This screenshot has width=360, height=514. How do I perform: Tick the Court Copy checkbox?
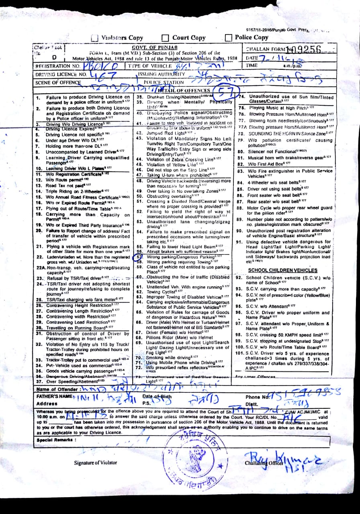point(165,38)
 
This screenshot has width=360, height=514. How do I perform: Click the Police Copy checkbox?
point(228,38)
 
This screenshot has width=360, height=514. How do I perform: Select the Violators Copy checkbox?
point(95,38)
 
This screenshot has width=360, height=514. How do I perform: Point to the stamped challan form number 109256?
point(304,49)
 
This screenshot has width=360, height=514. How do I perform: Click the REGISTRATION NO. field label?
point(57,66)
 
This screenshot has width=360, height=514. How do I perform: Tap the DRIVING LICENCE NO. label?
point(61,75)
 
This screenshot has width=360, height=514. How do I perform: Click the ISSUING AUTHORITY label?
point(161,74)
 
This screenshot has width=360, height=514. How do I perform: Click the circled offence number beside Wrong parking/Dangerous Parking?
point(139,256)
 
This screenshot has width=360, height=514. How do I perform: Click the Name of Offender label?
point(57,389)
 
